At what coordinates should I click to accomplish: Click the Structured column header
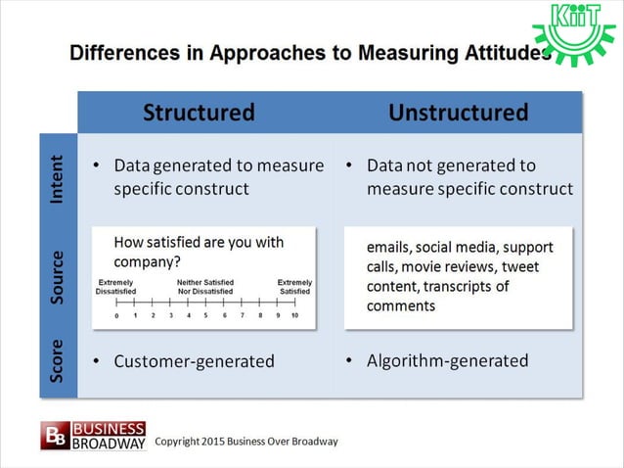click(x=199, y=113)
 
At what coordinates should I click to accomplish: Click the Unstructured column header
click(x=458, y=113)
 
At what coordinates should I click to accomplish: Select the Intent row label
click(x=57, y=179)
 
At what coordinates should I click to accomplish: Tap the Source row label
click(x=57, y=277)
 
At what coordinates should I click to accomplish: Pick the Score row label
click(x=57, y=361)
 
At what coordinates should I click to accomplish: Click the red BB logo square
click(x=55, y=436)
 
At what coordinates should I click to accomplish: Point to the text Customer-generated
click(x=194, y=361)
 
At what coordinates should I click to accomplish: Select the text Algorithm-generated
click(x=447, y=361)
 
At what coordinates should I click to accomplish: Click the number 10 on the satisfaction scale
click(x=294, y=316)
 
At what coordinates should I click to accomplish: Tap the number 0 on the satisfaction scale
click(x=116, y=316)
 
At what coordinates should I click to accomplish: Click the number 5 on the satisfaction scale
click(x=205, y=316)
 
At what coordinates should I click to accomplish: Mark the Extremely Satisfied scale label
click(x=294, y=286)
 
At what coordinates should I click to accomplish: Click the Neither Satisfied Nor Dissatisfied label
click(x=204, y=286)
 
